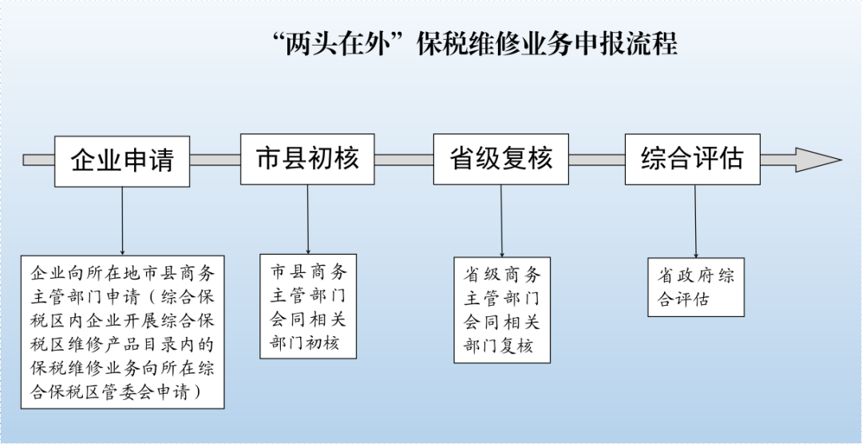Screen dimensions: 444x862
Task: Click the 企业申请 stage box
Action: coord(122,161)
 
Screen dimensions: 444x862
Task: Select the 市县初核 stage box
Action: coord(307,158)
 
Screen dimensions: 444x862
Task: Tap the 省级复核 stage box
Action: coord(501,158)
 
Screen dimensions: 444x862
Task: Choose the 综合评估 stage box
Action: coord(692,158)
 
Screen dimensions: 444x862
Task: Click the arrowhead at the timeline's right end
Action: coord(817,160)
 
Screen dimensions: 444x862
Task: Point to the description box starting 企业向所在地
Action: coord(122,332)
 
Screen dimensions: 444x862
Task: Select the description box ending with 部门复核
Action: coord(502,310)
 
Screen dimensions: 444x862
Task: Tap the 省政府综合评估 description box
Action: coord(695,287)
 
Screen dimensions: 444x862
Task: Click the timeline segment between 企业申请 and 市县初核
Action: coord(215,160)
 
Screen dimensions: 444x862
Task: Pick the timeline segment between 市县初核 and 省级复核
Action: coord(404,160)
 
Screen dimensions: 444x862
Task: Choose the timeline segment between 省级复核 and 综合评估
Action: coord(597,160)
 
